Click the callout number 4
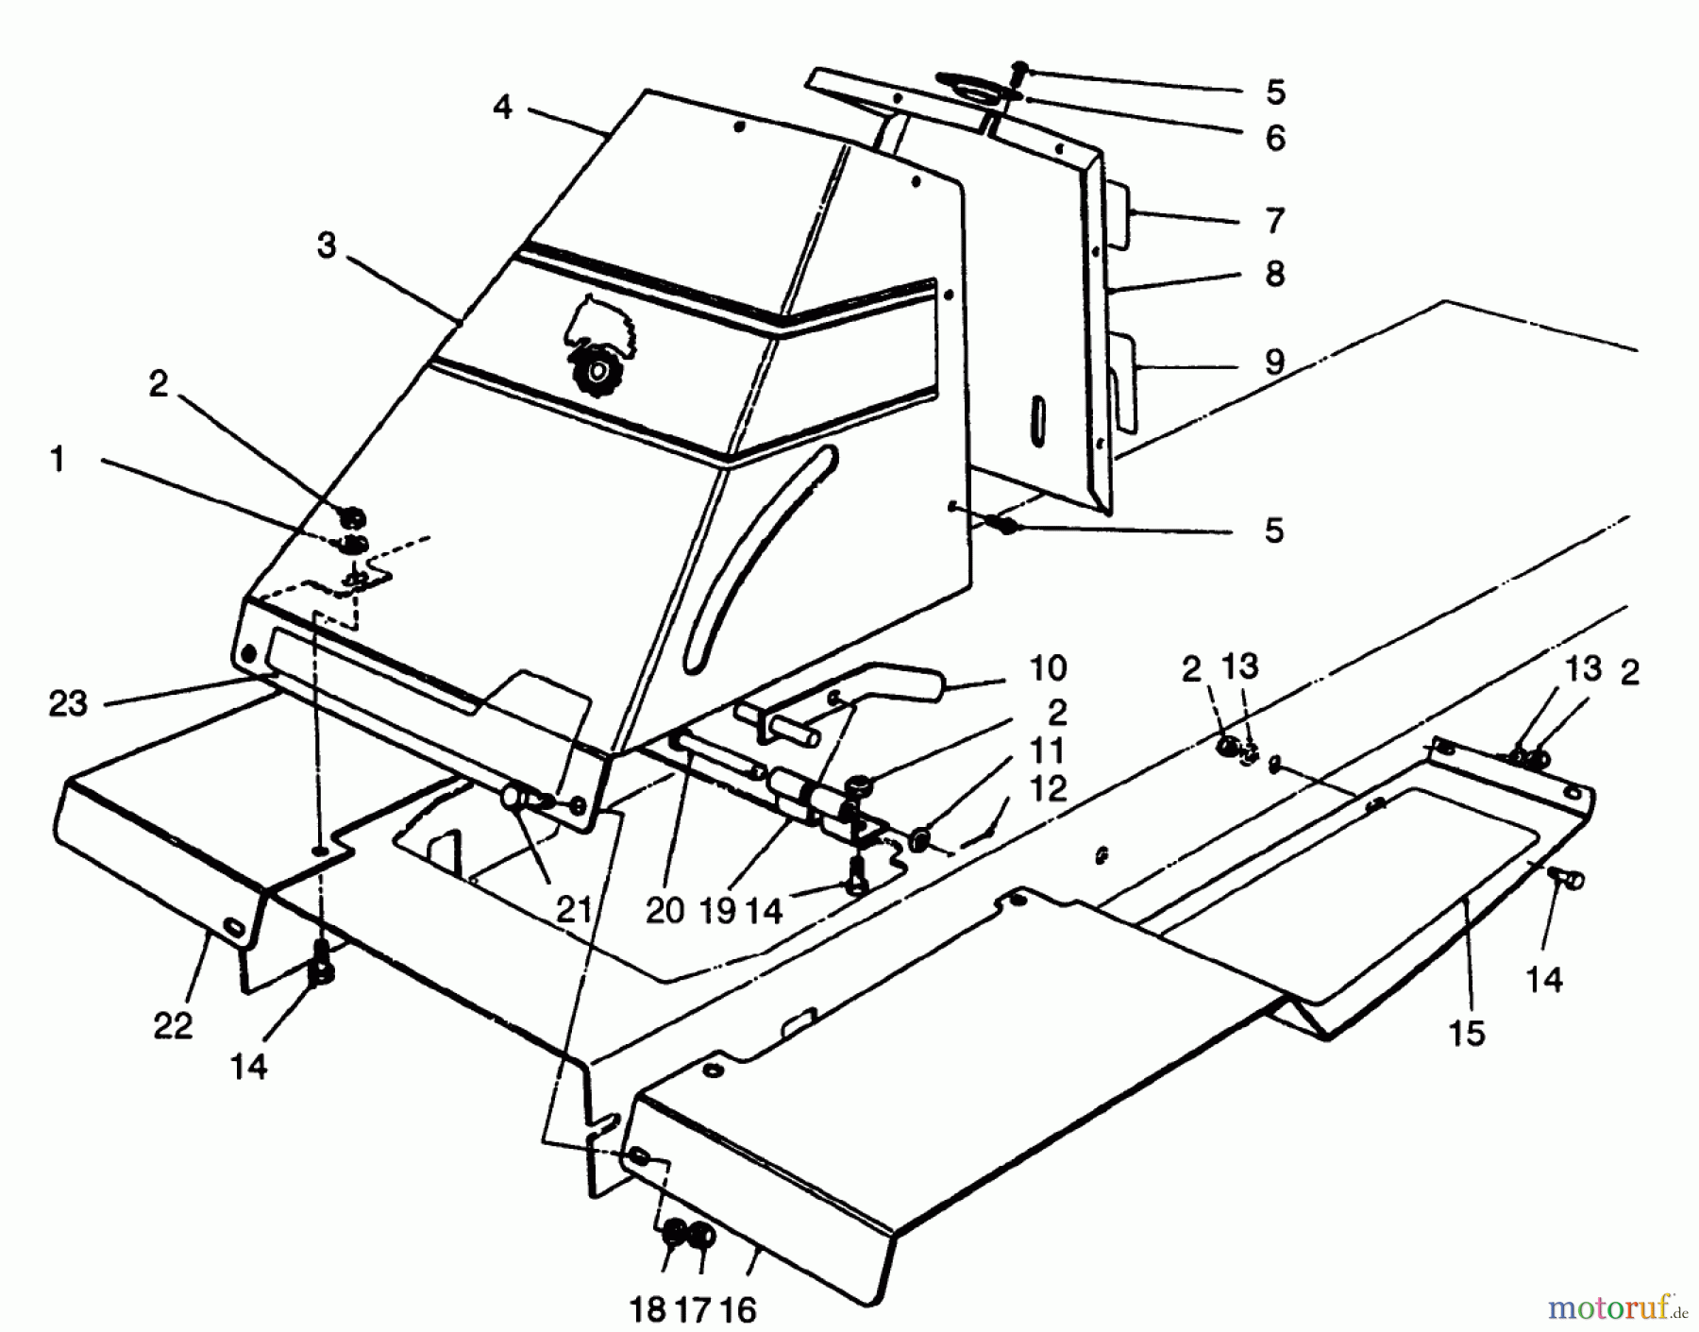pos(502,108)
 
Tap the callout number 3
pos(327,246)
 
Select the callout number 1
pos(59,460)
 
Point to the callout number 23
pos(68,703)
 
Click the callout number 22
pos(173,1025)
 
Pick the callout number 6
pos(1274,138)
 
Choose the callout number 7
pos(1274,221)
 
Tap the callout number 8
pos(1274,274)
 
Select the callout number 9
pos(1274,362)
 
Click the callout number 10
pos(1048,668)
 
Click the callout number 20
pos(664,910)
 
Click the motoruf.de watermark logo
pos(1620,1308)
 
